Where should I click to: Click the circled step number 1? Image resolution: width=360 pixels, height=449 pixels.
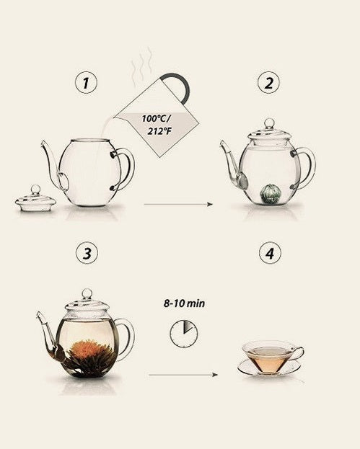86,83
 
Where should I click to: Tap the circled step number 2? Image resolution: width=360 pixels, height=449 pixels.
268,83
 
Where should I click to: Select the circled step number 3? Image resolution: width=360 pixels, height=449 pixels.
87,253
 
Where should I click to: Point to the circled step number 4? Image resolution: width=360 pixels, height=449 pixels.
270,253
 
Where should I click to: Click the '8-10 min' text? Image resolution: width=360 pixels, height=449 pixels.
184,303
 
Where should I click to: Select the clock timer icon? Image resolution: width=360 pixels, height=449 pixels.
184,334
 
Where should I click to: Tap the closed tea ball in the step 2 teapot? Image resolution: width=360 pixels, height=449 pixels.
268,194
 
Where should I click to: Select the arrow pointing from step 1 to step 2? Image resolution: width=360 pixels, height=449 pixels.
178,204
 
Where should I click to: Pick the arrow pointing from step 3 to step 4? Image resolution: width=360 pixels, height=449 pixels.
183,375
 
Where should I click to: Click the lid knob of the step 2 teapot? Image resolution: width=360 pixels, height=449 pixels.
269,124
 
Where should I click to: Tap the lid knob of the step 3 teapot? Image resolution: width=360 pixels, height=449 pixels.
87,294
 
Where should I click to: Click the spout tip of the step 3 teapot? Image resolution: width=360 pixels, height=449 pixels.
38,314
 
